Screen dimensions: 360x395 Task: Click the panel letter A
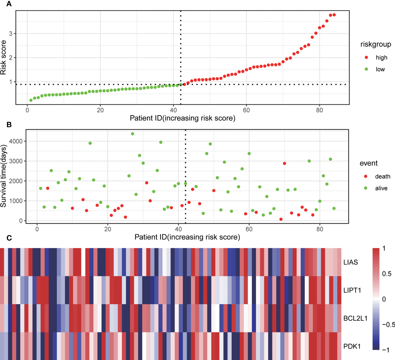click(9, 4)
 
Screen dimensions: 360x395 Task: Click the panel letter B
click(9, 125)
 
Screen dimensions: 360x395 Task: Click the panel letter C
click(9, 238)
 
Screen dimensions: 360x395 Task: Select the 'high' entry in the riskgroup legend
click(381, 57)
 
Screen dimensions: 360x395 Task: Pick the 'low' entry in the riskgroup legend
click(380, 69)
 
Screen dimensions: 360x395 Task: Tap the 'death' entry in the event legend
click(382, 177)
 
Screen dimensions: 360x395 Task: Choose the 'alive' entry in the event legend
click(381, 188)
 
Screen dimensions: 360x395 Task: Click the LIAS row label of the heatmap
click(350, 262)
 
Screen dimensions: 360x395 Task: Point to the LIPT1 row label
click(352, 290)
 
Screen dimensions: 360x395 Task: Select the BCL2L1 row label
click(355, 318)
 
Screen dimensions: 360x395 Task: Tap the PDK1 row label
click(352, 346)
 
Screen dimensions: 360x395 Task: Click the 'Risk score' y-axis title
click(3, 57)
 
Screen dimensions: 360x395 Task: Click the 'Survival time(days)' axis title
click(3, 176)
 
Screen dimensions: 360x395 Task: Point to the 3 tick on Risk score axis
click(11, 33)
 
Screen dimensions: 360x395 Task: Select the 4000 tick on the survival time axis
click(16, 141)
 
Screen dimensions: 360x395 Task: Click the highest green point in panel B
click(133, 134)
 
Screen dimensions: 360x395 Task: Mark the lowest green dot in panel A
click(31, 100)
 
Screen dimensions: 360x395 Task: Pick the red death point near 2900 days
click(284, 163)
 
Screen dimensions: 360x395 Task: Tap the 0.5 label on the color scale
click(387, 274)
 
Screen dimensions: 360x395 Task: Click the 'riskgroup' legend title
click(375, 44)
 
